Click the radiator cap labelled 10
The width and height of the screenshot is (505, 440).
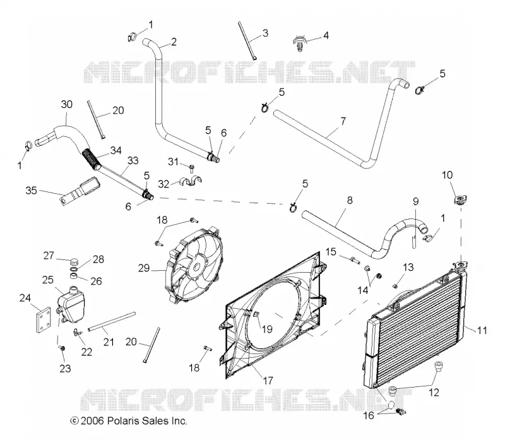point(460,200)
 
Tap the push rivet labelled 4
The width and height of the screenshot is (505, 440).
point(300,44)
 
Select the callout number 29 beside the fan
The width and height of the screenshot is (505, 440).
point(144,268)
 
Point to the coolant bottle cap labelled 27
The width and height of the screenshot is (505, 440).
point(74,259)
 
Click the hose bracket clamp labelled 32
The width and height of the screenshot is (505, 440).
point(190,181)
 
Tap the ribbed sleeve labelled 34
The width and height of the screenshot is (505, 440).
point(92,159)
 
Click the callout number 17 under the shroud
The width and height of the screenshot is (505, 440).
point(268,381)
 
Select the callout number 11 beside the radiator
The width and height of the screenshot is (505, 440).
point(482,330)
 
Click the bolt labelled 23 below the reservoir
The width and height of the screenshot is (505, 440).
point(62,348)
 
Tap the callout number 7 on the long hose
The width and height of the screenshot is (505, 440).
point(343,121)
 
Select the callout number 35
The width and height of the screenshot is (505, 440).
point(31,191)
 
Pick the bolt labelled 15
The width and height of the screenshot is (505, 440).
point(353,259)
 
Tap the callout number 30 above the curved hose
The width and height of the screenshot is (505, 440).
point(67,104)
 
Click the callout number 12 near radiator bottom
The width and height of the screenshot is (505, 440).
point(434,392)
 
